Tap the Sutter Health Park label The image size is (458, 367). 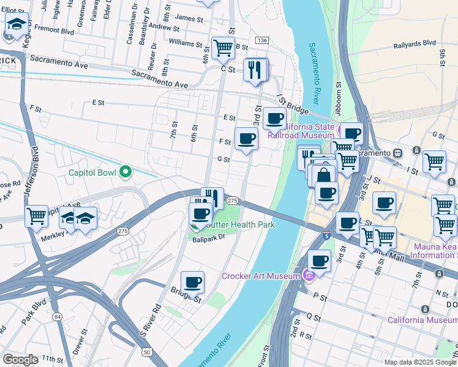pyautogui.click(x=240, y=225)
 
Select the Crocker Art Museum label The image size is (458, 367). pyautogui.click(x=262, y=276)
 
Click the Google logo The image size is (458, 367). pyautogui.click(x=20, y=360)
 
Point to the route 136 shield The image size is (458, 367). pyautogui.click(x=262, y=40)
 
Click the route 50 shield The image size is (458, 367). pyautogui.click(x=148, y=352)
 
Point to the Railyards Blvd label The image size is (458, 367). pyautogui.click(x=415, y=43)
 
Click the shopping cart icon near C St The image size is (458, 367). pyautogui.click(x=223, y=47)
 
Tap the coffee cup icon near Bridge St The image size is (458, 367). pyautogui.click(x=192, y=282)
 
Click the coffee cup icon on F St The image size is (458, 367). pyautogui.click(x=246, y=139)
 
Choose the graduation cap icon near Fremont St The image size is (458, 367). pyautogui.click(x=17, y=25)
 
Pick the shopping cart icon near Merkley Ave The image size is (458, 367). pyautogui.click(x=36, y=215)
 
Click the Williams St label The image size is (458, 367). pyautogui.click(x=186, y=43)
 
